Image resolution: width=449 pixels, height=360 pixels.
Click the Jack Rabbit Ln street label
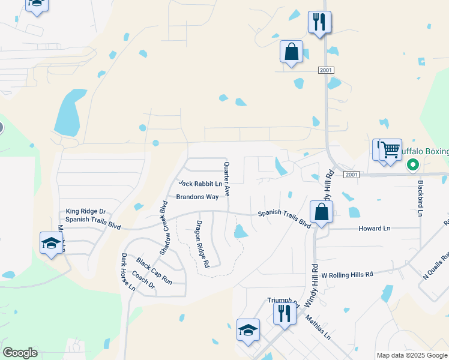(x=200, y=183)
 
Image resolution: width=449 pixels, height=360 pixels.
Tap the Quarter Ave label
(x=227, y=179)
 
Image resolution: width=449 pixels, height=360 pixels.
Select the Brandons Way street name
(x=197, y=197)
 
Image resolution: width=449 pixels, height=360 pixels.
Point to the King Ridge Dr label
(x=85, y=211)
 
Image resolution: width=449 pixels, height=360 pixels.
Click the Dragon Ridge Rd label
(x=202, y=244)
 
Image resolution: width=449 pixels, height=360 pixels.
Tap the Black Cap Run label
(x=154, y=271)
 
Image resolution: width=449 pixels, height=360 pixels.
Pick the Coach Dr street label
(x=143, y=281)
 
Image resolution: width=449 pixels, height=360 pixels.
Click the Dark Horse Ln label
(x=128, y=272)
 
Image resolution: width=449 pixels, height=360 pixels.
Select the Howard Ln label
(x=374, y=229)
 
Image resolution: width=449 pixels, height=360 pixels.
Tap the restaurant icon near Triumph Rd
(x=283, y=313)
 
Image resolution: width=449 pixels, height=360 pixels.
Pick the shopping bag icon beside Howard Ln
(x=322, y=212)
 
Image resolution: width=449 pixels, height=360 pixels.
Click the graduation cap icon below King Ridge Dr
(x=51, y=243)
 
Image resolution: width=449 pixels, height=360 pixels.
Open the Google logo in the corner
(x=20, y=353)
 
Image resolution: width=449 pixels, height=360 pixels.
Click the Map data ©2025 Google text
(x=411, y=355)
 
